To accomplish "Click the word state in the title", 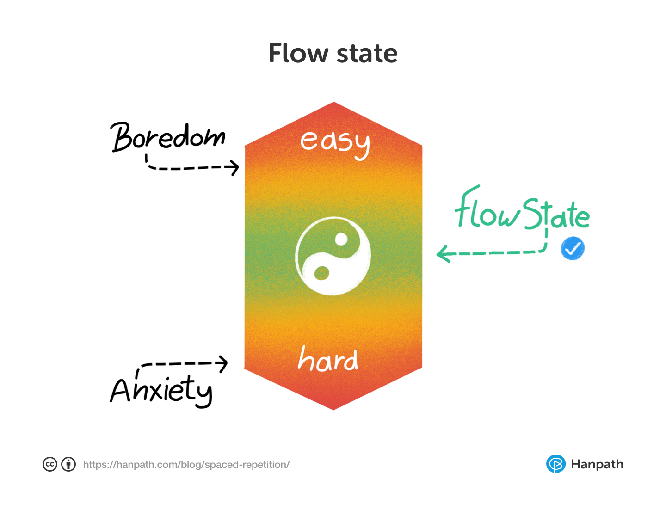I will click(x=367, y=54).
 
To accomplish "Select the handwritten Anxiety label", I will click(x=161, y=390).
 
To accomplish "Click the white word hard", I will click(x=328, y=359).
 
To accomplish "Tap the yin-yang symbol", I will click(x=333, y=256).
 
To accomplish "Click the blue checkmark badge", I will click(x=573, y=249).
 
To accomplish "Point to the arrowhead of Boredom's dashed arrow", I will click(x=235, y=167).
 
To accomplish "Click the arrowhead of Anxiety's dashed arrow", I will click(x=224, y=363).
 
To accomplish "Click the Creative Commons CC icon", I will click(x=50, y=464).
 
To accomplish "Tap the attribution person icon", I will click(x=68, y=464).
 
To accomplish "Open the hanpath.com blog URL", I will click(x=186, y=465).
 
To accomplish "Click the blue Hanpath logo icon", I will click(x=555, y=464).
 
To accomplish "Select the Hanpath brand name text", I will click(x=597, y=464).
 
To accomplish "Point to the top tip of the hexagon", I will click(x=334, y=103).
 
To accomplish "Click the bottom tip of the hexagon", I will click(x=333, y=409).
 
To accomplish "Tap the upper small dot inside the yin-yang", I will click(x=341, y=240).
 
